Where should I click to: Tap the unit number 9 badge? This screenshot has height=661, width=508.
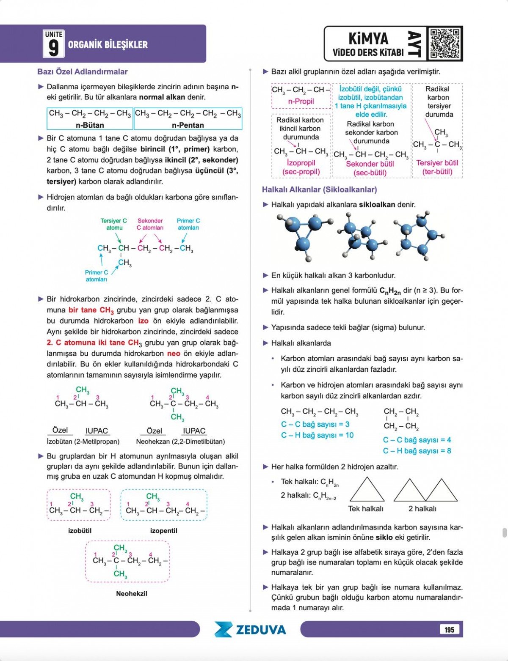pos(53,44)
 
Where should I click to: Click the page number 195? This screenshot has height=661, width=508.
pos(449,630)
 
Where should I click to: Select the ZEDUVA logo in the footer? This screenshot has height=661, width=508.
pos(250,629)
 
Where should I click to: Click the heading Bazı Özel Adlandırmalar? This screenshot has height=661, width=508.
pos(82,72)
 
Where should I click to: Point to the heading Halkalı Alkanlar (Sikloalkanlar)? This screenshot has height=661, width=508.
pos(319,189)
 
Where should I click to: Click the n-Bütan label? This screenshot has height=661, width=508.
pos(90,125)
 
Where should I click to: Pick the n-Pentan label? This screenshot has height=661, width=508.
pos(188,125)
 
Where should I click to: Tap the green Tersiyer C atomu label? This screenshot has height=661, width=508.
pos(113,224)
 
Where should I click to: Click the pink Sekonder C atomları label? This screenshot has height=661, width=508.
pos(150,224)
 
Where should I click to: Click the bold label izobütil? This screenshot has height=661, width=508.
pos(80,531)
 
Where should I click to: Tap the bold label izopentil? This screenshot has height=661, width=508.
pos(163,531)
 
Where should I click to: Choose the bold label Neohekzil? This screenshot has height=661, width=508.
pos(132,594)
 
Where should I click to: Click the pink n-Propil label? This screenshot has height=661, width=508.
pos(301,101)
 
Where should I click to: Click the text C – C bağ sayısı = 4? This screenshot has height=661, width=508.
pos(417,440)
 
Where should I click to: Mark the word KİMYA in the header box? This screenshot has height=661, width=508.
pos(368,39)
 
